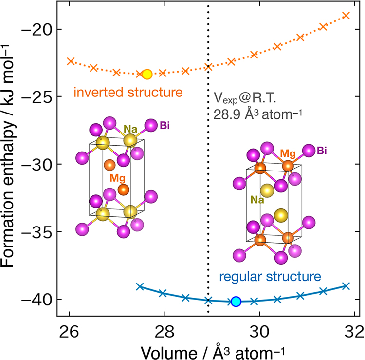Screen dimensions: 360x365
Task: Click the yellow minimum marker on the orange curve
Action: coord(147,74)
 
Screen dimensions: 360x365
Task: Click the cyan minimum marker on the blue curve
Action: coord(236,302)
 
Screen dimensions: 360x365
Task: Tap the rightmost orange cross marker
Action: coord(346,15)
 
